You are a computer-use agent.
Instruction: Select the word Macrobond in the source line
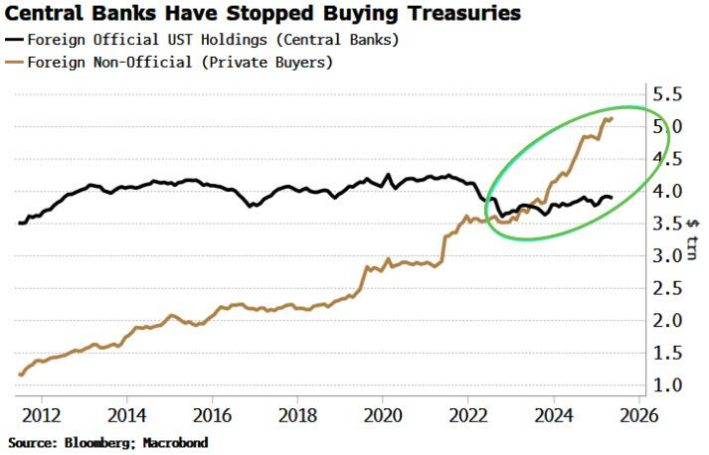click(174, 441)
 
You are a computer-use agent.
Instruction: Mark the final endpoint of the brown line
click(612, 118)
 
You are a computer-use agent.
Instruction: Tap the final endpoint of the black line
click(612, 198)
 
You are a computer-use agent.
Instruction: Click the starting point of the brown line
click(19, 375)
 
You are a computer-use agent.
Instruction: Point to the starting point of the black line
click(19, 223)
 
